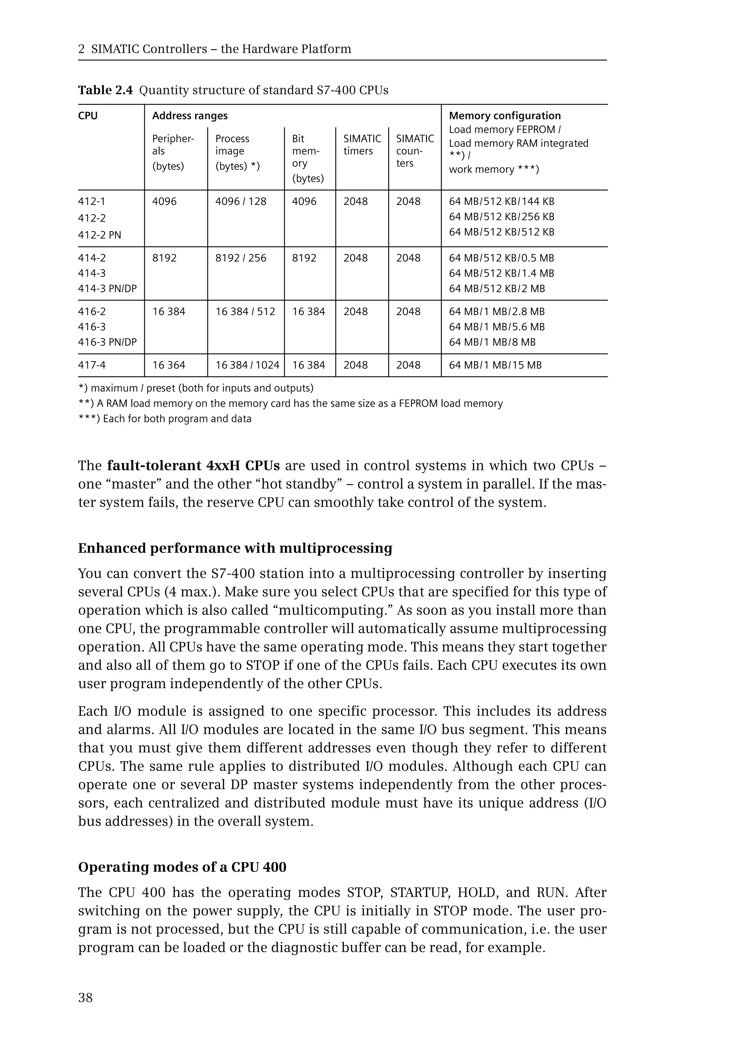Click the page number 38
click(x=85, y=998)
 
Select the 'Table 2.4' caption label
click(x=105, y=90)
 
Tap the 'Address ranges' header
click(x=190, y=116)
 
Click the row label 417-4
click(x=92, y=365)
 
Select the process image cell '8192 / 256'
click(x=241, y=258)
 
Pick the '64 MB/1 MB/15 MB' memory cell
click(x=495, y=365)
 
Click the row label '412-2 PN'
click(x=99, y=235)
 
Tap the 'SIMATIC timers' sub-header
click(x=362, y=145)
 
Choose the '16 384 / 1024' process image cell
click(x=247, y=365)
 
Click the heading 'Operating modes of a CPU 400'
click(x=182, y=867)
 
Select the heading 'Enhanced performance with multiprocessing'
click(x=235, y=548)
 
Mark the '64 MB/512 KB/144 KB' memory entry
click(x=502, y=202)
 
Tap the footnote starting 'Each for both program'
click(x=165, y=419)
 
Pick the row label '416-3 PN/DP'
click(x=108, y=342)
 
